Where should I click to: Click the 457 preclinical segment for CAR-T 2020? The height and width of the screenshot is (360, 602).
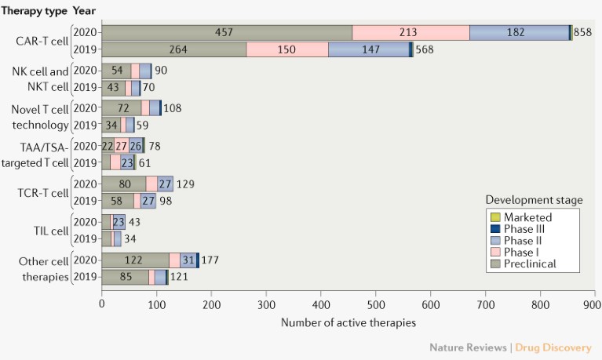point(227,32)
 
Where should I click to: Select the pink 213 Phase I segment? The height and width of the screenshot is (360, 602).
point(410,32)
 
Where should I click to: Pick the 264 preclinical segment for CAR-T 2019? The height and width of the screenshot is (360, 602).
point(174,49)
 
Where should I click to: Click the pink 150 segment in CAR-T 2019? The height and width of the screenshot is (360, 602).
point(287,49)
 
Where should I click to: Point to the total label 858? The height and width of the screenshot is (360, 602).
point(583,32)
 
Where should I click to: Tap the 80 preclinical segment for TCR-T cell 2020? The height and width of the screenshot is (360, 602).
point(124,184)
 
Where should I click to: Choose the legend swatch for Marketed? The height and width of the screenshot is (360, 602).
point(494,217)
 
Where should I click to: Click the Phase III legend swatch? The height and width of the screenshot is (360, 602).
point(494,229)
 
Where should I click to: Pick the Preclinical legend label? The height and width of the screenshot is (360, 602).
point(530,264)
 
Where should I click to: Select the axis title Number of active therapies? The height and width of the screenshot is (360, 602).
point(348,322)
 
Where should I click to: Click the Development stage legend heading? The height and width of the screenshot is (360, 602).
point(534,200)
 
